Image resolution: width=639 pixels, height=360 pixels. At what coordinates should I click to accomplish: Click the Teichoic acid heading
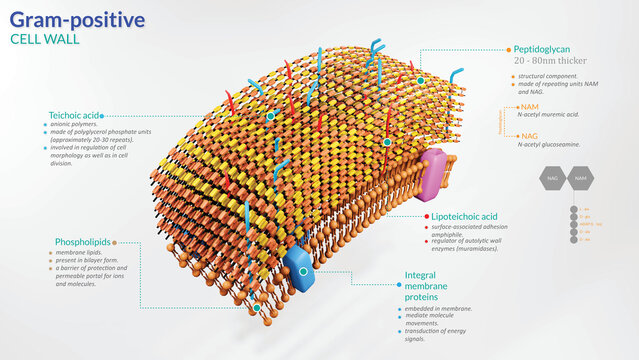[x=73, y=115]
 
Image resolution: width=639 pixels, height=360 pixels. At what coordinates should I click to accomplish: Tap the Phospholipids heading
[x=83, y=242]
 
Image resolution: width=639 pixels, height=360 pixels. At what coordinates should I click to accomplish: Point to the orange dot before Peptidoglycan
[x=507, y=48]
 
